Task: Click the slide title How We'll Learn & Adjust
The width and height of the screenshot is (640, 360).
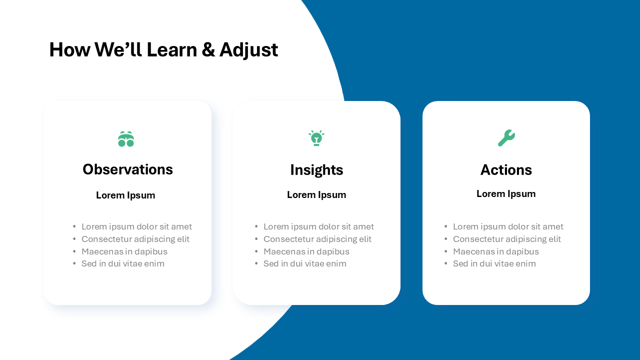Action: [163, 50]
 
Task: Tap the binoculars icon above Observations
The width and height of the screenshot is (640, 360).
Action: [126, 139]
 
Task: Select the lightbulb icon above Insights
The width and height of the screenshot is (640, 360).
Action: [316, 138]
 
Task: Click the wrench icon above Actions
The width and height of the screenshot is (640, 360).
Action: [506, 138]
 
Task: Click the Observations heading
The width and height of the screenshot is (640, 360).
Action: [127, 169]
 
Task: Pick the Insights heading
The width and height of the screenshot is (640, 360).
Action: [316, 170]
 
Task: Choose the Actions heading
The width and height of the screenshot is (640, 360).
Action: [506, 170]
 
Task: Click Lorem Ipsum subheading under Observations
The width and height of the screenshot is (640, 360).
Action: [125, 195]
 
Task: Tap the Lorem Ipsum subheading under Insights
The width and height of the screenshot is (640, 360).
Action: [316, 195]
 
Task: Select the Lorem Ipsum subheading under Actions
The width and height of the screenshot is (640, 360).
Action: [506, 194]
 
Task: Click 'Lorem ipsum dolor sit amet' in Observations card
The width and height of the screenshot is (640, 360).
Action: [136, 226]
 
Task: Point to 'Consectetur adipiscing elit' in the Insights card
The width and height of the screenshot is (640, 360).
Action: [317, 239]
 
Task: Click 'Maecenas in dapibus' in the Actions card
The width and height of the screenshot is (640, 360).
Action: [495, 251]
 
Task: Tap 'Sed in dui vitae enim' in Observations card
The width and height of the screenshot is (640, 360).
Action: [122, 263]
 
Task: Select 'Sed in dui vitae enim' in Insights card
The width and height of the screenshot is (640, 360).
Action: [304, 263]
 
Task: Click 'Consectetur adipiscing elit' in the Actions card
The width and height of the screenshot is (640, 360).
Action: [506, 239]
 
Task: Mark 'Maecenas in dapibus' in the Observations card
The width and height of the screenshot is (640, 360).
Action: [124, 251]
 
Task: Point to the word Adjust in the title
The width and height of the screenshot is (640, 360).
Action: [248, 50]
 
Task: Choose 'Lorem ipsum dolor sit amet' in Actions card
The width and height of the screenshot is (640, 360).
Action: [508, 226]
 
